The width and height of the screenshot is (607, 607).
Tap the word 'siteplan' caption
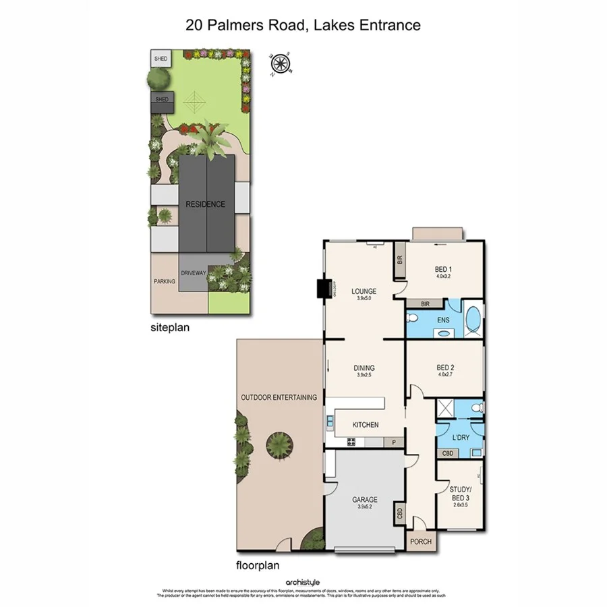pos(169,328)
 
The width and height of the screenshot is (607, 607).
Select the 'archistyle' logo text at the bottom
pos(303,582)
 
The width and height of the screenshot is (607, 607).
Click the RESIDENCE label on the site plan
pos(206,204)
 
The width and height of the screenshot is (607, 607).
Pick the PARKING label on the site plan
pos(165,281)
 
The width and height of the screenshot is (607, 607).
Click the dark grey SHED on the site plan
pos(163,101)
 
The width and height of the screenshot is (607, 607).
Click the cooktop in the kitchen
pos(351,442)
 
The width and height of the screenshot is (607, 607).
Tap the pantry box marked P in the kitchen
pos(394,442)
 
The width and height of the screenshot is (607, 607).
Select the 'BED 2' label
pos(443,368)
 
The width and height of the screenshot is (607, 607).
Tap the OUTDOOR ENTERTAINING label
pos(279,397)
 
